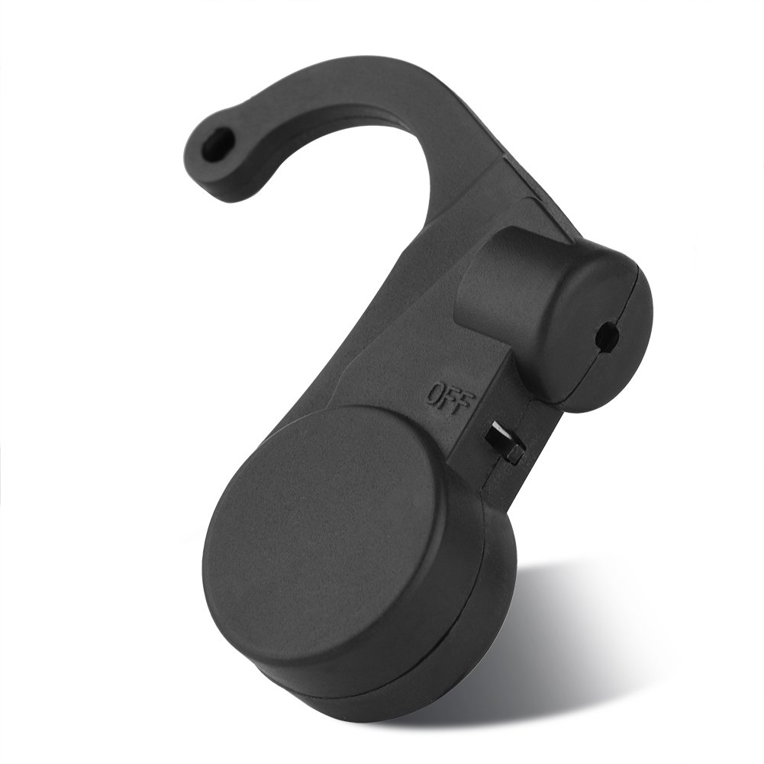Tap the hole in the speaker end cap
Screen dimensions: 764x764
[x=630, y=332]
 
